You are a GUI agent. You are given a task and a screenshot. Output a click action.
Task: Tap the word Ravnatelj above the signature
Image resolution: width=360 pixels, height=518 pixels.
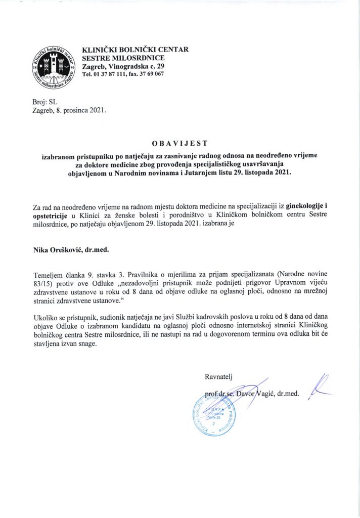pos(218,375)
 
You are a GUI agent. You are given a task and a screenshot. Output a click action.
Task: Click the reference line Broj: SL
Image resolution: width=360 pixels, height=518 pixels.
pos(45,102)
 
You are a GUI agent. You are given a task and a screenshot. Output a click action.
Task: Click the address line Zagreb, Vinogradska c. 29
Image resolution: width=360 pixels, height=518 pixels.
pos(123,66)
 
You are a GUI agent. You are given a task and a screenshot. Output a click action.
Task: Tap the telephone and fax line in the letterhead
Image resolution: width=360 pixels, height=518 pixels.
pos(123,74)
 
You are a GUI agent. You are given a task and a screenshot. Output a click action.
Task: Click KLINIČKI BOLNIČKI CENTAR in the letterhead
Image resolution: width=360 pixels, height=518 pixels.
pos(135,50)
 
